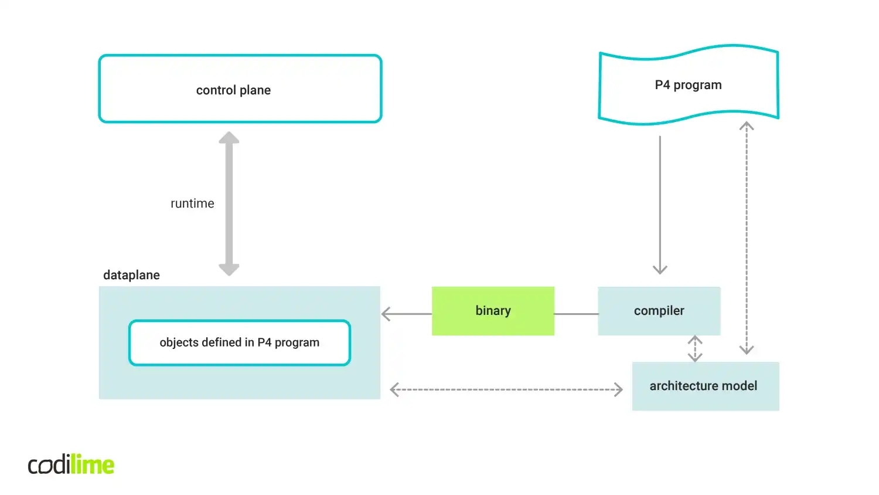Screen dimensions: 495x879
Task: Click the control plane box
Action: pyautogui.click(x=240, y=89)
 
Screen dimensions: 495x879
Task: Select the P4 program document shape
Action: pyautogui.click(x=689, y=85)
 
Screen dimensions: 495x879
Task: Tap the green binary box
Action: pyautogui.click(x=493, y=311)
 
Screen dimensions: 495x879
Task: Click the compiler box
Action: pyautogui.click(x=659, y=311)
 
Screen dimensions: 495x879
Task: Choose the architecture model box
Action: pyautogui.click(x=705, y=386)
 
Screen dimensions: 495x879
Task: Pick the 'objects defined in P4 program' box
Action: pyautogui.click(x=240, y=343)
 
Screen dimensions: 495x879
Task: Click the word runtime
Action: pyautogui.click(x=192, y=204)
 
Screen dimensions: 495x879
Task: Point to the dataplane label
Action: pyautogui.click(x=131, y=275)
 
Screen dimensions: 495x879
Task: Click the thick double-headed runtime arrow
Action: pyautogui.click(x=229, y=204)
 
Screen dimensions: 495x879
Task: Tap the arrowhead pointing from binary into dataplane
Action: pyautogui.click(x=387, y=314)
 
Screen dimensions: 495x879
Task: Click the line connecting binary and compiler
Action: pyautogui.click(x=575, y=314)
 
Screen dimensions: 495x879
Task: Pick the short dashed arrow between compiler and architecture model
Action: pyautogui.click(x=695, y=348)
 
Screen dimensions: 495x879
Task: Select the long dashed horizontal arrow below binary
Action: pyautogui.click(x=506, y=389)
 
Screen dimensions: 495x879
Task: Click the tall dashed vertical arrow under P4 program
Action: pyautogui.click(x=746, y=238)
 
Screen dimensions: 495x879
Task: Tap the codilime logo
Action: pyautogui.click(x=71, y=465)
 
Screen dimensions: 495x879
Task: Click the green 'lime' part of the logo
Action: pyautogui.click(x=92, y=465)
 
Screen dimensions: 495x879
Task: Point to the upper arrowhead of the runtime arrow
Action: pyautogui.click(x=229, y=138)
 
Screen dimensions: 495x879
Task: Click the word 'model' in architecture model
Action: pyautogui.click(x=740, y=386)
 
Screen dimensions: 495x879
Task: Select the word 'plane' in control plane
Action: pyautogui.click(x=255, y=90)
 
